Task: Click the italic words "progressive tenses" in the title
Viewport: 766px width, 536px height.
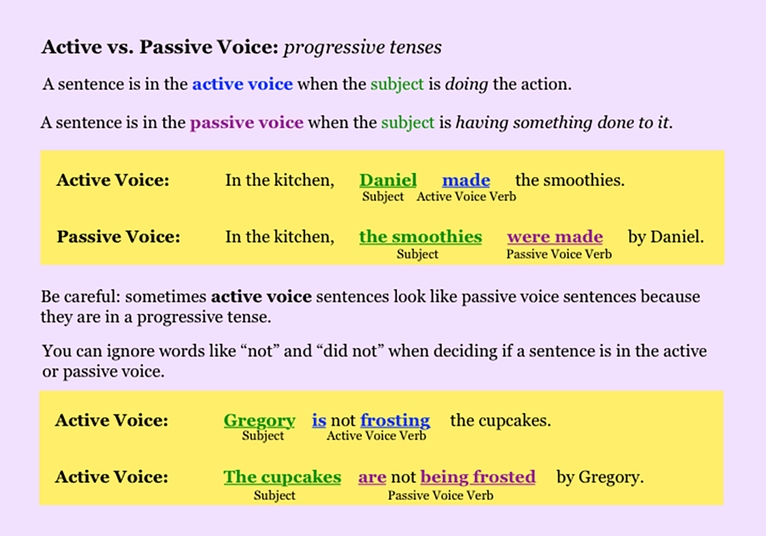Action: point(362,47)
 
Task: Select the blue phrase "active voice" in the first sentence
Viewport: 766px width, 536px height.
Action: point(243,84)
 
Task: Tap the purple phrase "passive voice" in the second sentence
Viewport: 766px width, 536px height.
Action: point(246,122)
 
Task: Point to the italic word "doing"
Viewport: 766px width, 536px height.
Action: point(467,84)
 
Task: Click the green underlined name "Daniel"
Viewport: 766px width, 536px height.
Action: point(388,181)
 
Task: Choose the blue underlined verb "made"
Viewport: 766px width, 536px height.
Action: point(466,181)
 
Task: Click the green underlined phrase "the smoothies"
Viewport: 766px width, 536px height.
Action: point(420,237)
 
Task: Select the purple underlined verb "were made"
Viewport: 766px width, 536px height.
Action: point(555,237)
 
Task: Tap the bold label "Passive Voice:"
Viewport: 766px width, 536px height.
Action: point(118,237)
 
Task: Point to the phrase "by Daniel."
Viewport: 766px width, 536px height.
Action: point(666,237)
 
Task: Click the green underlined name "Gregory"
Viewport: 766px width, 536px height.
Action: point(259,421)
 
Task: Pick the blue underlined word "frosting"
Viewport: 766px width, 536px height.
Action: point(395,421)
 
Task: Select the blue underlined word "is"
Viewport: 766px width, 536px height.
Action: point(319,421)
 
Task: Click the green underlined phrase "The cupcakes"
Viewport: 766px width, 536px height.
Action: point(282,477)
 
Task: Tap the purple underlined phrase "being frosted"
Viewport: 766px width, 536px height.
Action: point(477,477)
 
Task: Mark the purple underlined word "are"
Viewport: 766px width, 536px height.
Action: point(372,477)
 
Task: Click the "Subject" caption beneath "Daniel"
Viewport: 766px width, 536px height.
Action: point(383,197)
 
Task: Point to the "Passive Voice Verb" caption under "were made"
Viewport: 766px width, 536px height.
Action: point(559,254)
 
